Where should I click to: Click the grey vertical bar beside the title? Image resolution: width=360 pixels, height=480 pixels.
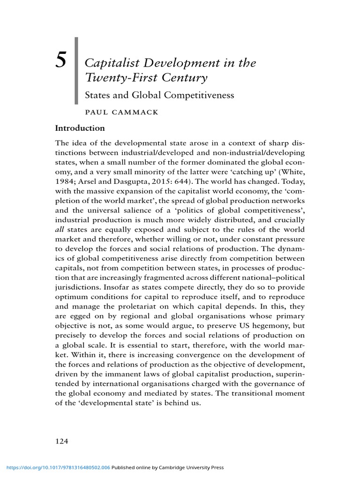[76, 70]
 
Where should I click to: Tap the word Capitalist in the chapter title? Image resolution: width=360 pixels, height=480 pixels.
[106, 63]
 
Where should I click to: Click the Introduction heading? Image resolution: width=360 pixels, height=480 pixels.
[80, 127]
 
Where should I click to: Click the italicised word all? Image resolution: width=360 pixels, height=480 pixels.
[60, 229]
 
